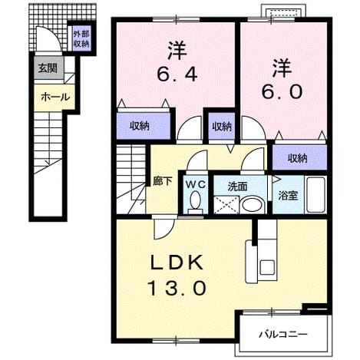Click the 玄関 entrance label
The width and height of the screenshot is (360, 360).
(48, 68)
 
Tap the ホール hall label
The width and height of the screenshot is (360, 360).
(55, 97)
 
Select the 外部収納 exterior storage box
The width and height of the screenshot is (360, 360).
(81, 39)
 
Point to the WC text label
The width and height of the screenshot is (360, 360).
(196, 184)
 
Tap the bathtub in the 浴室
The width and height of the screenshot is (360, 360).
(316, 195)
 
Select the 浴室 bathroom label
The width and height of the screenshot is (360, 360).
(288, 196)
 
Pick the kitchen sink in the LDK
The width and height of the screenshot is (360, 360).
(267, 267)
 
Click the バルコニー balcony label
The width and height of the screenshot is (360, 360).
(283, 334)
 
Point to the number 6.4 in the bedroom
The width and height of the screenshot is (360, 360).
(177, 74)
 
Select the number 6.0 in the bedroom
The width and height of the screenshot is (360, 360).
(282, 91)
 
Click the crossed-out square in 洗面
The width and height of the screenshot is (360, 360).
(226, 205)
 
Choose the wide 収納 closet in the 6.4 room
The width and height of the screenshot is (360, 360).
(144, 126)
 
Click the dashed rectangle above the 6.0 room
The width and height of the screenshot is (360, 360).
(284, 13)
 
